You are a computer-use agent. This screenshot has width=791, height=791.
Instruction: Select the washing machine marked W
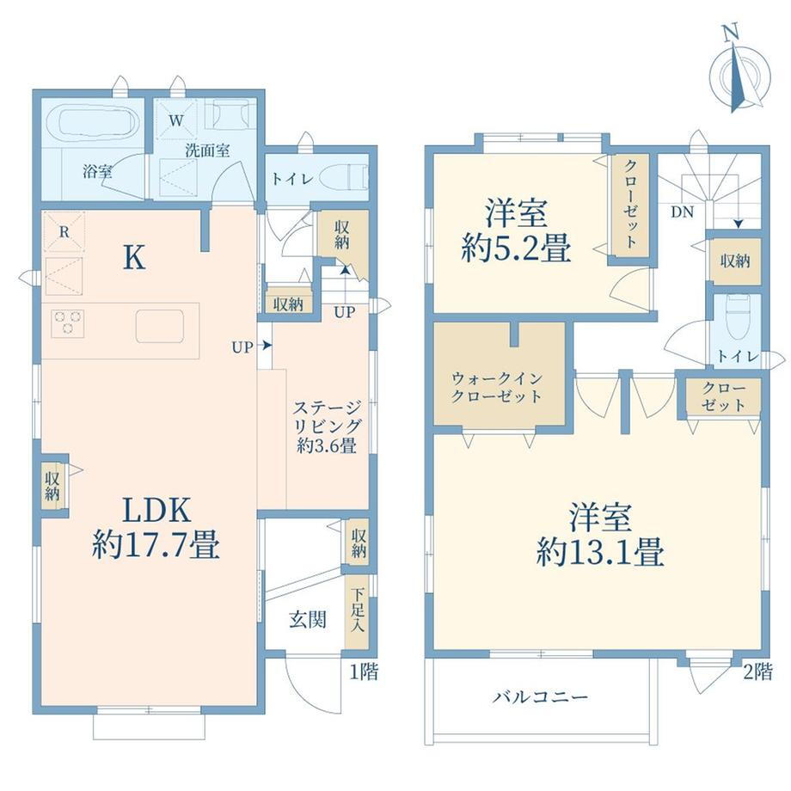pos(176,120)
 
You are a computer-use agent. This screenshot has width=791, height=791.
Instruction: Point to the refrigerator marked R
pos(64,231)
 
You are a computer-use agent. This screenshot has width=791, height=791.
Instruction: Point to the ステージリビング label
pos(328,426)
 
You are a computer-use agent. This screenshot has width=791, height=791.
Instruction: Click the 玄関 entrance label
pos(308,620)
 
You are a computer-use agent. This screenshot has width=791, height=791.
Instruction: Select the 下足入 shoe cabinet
pos(357,611)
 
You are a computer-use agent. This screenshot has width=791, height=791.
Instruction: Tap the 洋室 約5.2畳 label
pos(516,231)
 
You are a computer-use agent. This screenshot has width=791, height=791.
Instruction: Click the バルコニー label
pos(540,697)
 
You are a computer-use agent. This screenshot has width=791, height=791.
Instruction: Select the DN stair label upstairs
pos(682,212)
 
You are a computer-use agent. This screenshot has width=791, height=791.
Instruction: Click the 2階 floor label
pos(757,671)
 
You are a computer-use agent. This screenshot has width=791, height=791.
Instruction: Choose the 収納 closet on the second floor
pos(734,261)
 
